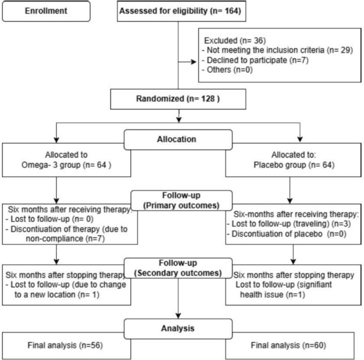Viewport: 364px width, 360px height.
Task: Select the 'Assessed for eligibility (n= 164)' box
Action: (x=181, y=11)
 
